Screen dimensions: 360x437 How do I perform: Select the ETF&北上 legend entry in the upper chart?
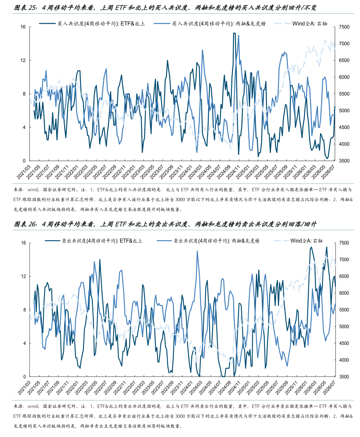[92, 24]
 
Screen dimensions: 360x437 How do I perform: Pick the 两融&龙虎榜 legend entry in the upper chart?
[210, 24]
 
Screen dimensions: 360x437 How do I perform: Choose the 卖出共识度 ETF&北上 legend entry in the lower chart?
[94, 241]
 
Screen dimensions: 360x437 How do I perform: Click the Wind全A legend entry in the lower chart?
[298, 241]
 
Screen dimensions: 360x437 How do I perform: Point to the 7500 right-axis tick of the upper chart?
[344, 27]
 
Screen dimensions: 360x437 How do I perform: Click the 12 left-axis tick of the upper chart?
[23, 60]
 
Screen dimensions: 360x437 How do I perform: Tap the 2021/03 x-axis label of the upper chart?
[24, 172]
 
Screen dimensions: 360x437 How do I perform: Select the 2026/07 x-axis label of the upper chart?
[328, 172]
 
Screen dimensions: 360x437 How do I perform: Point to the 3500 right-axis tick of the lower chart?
[344, 377]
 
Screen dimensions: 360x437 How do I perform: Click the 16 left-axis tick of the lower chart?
[23, 243]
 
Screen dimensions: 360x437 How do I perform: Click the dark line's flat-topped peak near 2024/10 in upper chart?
[234, 33]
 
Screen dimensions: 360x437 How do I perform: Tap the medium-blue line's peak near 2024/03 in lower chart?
[197, 251]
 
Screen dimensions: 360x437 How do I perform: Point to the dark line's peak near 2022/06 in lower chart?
[100, 260]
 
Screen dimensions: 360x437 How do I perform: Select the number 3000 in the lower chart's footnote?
[180, 416]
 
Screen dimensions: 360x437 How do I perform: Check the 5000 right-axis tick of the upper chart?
[344, 110]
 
